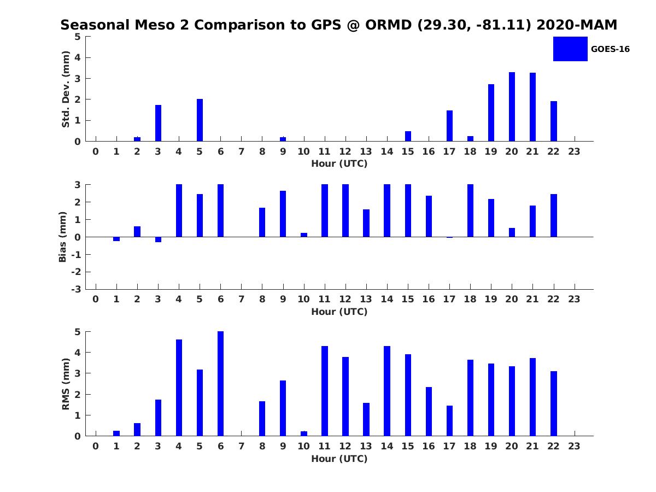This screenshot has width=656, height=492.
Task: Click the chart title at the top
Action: click(x=339, y=25)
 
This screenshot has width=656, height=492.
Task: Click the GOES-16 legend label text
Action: click(x=610, y=49)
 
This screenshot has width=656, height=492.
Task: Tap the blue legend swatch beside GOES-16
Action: click(x=570, y=49)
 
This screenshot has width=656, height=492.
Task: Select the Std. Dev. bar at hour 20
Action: click(x=512, y=107)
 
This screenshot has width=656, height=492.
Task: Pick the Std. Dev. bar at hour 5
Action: click(x=200, y=120)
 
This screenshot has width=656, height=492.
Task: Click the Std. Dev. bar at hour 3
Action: click(x=158, y=123)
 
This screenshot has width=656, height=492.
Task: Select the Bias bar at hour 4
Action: click(x=179, y=210)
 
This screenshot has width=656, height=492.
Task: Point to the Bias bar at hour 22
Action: click(x=554, y=215)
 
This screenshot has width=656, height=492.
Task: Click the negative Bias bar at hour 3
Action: click(x=158, y=239)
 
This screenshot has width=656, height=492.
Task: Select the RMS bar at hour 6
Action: click(x=220, y=384)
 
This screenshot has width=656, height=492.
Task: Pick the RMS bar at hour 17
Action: click(x=449, y=421)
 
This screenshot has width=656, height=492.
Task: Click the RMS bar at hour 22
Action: click(x=554, y=403)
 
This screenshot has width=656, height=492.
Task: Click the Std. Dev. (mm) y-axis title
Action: click(x=66, y=89)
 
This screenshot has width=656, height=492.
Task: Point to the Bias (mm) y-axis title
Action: click(x=63, y=237)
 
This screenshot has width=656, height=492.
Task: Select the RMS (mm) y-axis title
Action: click(x=66, y=384)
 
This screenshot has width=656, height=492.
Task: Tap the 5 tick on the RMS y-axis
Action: click(x=78, y=332)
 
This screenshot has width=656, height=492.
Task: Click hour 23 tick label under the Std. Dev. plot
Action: click(x=574, y=151)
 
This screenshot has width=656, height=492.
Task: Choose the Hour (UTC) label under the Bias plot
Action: click(x=339, y=312)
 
